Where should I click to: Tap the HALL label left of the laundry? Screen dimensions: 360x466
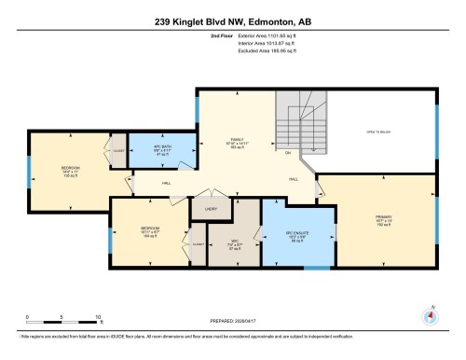(x=166, y=184)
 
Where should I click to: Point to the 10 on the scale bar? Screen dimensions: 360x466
(x=98, y=318)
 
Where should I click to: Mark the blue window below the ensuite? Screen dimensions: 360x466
(x=318, y=269)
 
